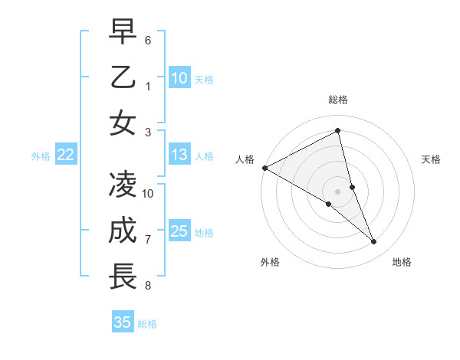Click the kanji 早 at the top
pos(123,31)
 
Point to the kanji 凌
pos(123,185)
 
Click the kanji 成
pos(123,231)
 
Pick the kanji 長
pos(123,277)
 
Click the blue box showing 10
pos(179,78)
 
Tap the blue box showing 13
pos(179,155)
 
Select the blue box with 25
pos(179,232)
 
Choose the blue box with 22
pos(66,155)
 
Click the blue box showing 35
pos(123,322)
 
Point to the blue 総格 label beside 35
pos(147,324)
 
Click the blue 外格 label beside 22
pos(41,156)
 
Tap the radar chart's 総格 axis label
pos(337,100)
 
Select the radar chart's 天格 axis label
pos(432,159)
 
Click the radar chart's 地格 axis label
pos(402,262)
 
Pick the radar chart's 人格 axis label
pos(245,159)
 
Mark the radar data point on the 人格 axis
pos(264,168)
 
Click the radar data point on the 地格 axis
pos(374,242)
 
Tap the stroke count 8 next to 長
pos(148,286)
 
